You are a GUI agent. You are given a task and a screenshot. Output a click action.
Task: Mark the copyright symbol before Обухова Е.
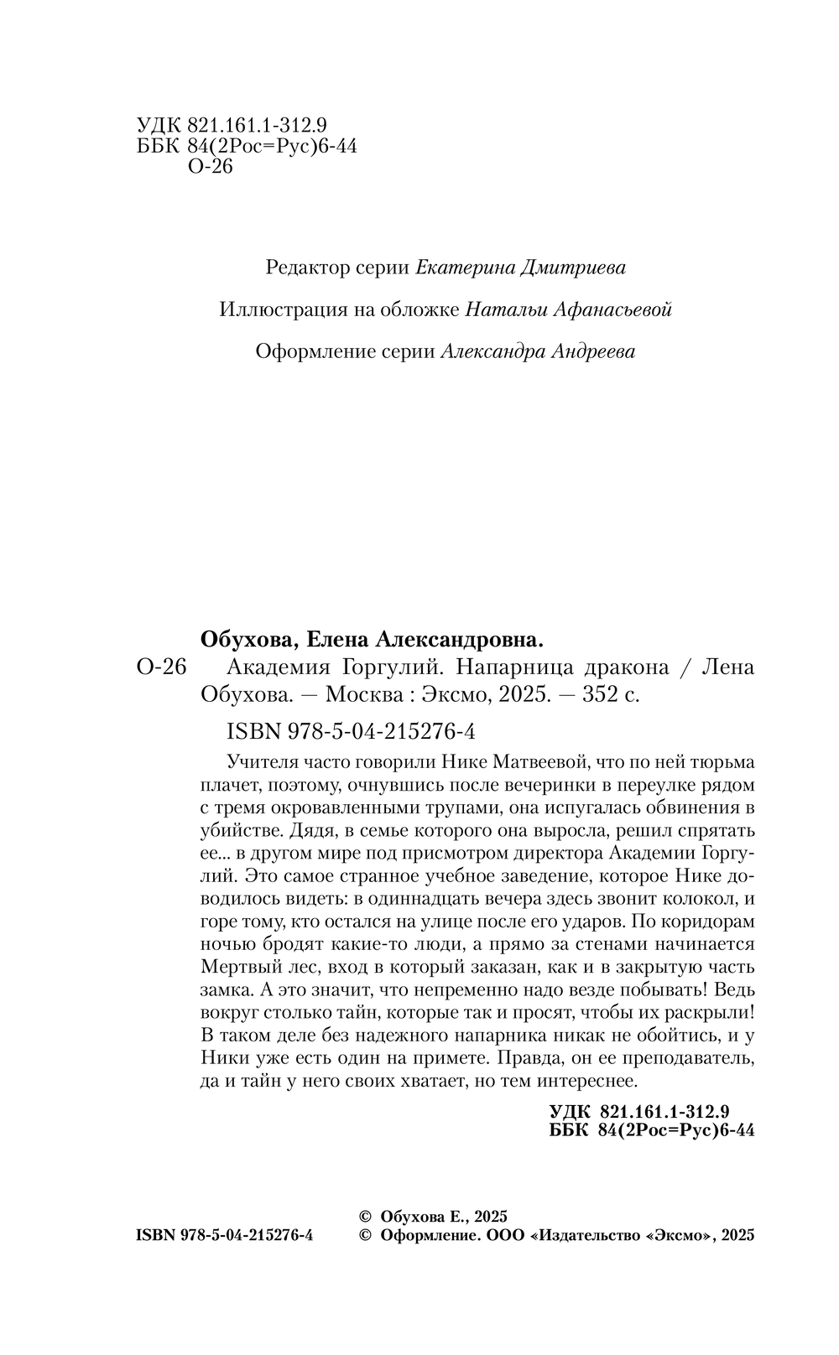[x=365, y=1217]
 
